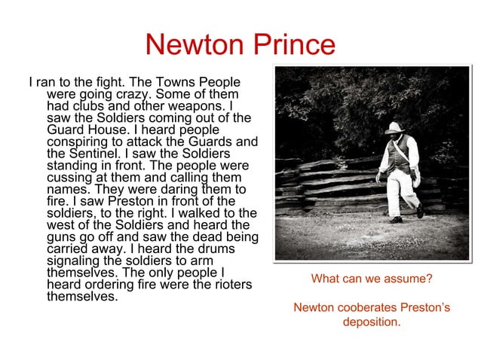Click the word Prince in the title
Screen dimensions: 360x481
coord(290,44)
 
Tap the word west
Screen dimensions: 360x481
coord(63,225)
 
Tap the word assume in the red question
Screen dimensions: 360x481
coord(404,279)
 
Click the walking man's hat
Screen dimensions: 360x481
coord(394,129)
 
